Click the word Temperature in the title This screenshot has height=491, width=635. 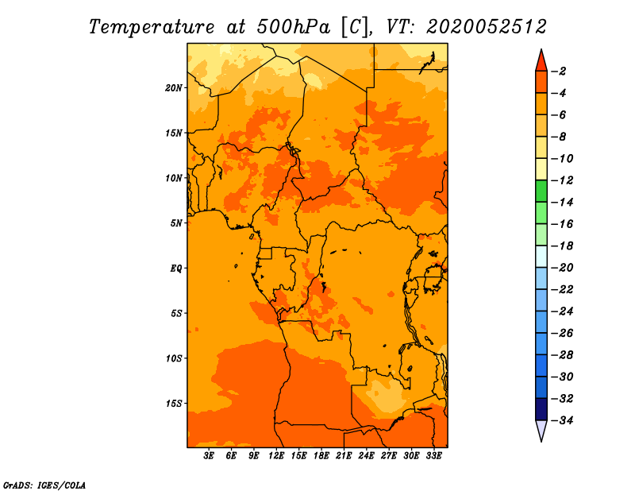152,28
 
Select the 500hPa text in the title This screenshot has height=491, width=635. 294,27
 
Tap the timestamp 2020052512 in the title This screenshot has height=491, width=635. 487,27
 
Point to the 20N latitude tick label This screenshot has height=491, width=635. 174,87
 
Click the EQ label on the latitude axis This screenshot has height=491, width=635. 175,269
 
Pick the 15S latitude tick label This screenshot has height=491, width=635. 174,404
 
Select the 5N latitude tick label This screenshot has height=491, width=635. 176,223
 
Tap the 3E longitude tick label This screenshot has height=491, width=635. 209,456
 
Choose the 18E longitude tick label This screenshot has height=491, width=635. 321,456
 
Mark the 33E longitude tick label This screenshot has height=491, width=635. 433,456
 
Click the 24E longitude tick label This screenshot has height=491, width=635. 366,456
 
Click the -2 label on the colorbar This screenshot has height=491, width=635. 559,72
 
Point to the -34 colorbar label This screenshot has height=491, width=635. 562,420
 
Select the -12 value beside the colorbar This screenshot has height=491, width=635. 562,180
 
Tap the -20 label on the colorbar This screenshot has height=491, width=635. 562,268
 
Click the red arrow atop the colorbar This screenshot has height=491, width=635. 541,61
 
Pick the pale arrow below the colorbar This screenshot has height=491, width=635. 541,430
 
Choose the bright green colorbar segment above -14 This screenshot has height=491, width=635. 541,191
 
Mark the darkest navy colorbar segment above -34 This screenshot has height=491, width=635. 541,409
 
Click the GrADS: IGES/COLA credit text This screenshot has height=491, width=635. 44,485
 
